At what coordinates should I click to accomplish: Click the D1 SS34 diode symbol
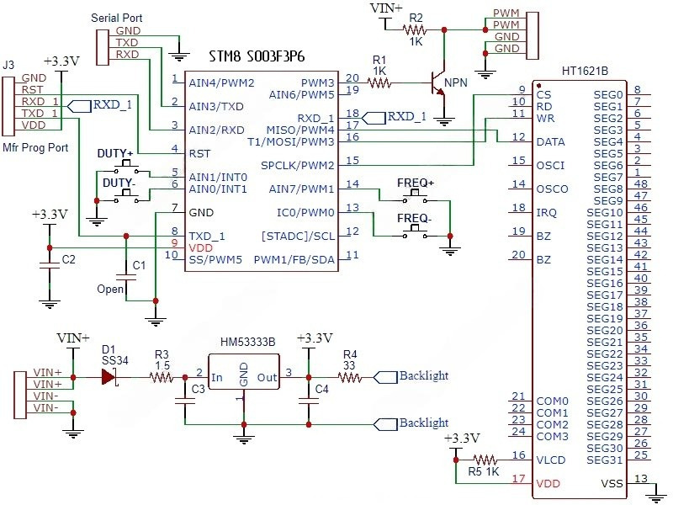point(108,378)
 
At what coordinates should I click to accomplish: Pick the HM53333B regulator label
point(246,343)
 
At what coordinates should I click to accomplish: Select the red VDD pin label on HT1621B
point(548,484)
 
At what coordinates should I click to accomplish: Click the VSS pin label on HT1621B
point(612,483)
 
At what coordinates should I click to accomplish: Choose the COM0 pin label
point(553,401)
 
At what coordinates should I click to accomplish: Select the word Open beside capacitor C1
point(111,289)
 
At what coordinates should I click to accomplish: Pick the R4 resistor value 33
point(350,366)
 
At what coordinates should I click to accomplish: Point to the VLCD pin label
point(551,460)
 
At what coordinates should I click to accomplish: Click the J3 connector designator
point(10,64)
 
